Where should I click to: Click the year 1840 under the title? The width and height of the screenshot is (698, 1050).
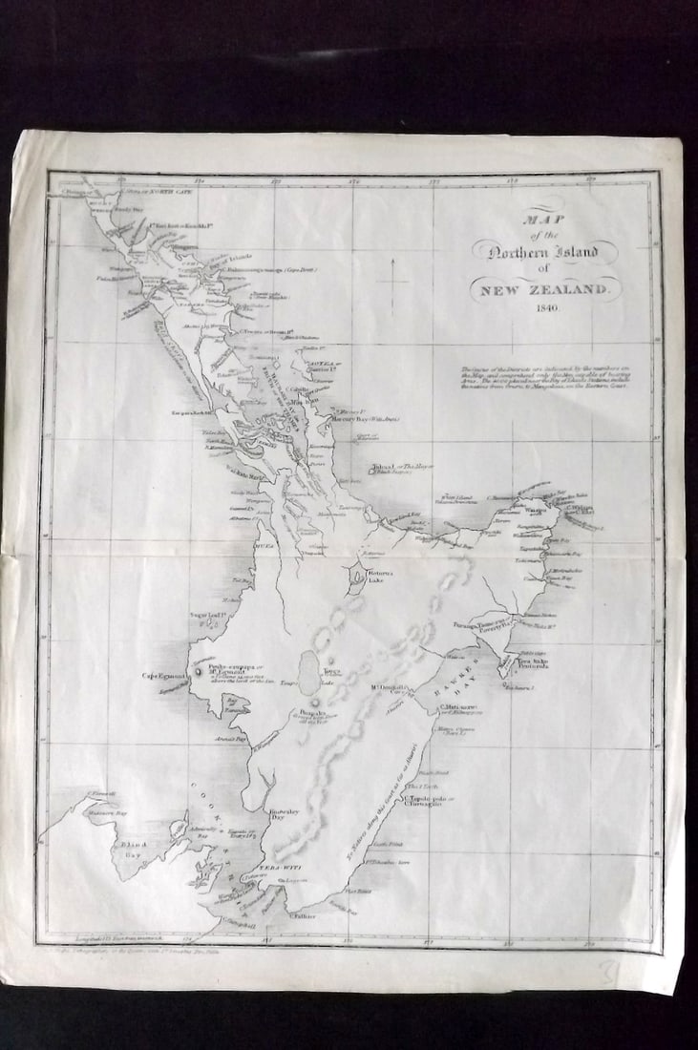pos(548,309)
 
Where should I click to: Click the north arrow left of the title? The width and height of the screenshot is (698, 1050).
pos(393,277)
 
